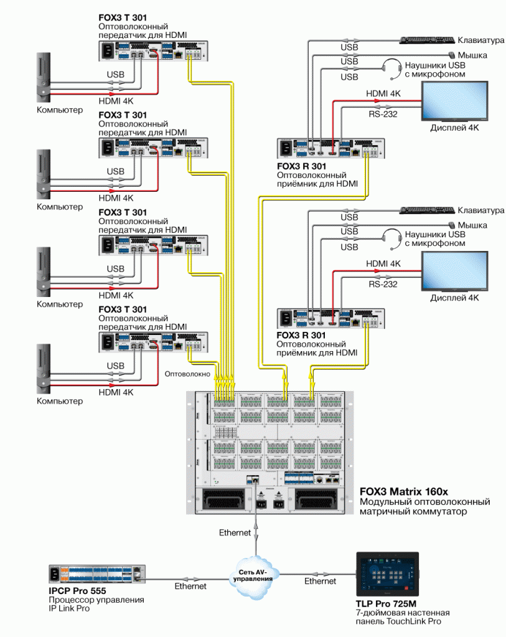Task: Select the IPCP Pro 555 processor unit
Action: (x=96, y=573)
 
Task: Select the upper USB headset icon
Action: (x=391, y=68)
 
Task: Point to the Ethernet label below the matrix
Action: (x=235, y=533)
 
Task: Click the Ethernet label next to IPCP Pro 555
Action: (x=190, y=586)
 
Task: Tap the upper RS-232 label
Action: (x=382, y=114)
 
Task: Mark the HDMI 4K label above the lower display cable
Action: (x=384, y=264)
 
